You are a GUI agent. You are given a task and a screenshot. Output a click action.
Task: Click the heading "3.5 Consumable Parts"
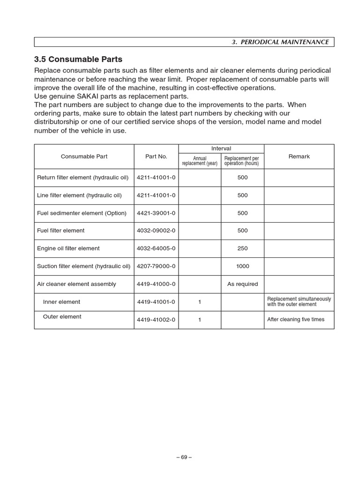tap(78, 60)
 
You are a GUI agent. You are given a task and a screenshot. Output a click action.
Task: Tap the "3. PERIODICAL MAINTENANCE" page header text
tap(280, 42)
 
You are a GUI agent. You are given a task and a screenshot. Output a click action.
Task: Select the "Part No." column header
tap(156, 157)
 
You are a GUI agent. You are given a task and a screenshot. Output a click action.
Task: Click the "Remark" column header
tap(299, 157)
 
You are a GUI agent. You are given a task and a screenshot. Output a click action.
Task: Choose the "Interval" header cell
tap(221, 149)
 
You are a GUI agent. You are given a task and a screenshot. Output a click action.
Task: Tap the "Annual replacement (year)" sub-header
tap(200, 161)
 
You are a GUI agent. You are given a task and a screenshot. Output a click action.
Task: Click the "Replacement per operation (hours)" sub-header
tap(242, 161)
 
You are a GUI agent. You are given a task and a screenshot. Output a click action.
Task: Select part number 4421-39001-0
tap(156, 213)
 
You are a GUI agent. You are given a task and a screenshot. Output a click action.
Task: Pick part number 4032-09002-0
tap(156, 231)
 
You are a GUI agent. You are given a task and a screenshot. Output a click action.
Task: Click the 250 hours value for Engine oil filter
tap(242, 248)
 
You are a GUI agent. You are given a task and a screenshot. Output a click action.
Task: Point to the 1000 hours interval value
tap(242, 266)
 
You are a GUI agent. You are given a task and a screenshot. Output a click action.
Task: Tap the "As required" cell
tap(242, 284)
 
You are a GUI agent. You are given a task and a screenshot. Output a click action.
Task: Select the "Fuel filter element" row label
tap(61, 231)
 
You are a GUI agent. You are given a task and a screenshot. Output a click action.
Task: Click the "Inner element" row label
tap(61, 302)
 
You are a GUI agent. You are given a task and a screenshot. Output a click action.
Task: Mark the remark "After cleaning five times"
tap(295, 320)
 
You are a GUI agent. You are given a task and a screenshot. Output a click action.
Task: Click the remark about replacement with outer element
tap(299, 301)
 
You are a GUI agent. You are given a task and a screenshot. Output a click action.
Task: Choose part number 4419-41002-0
tap(156, 320)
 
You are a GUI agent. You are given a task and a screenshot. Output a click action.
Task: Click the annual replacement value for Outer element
tap(200, 320)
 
